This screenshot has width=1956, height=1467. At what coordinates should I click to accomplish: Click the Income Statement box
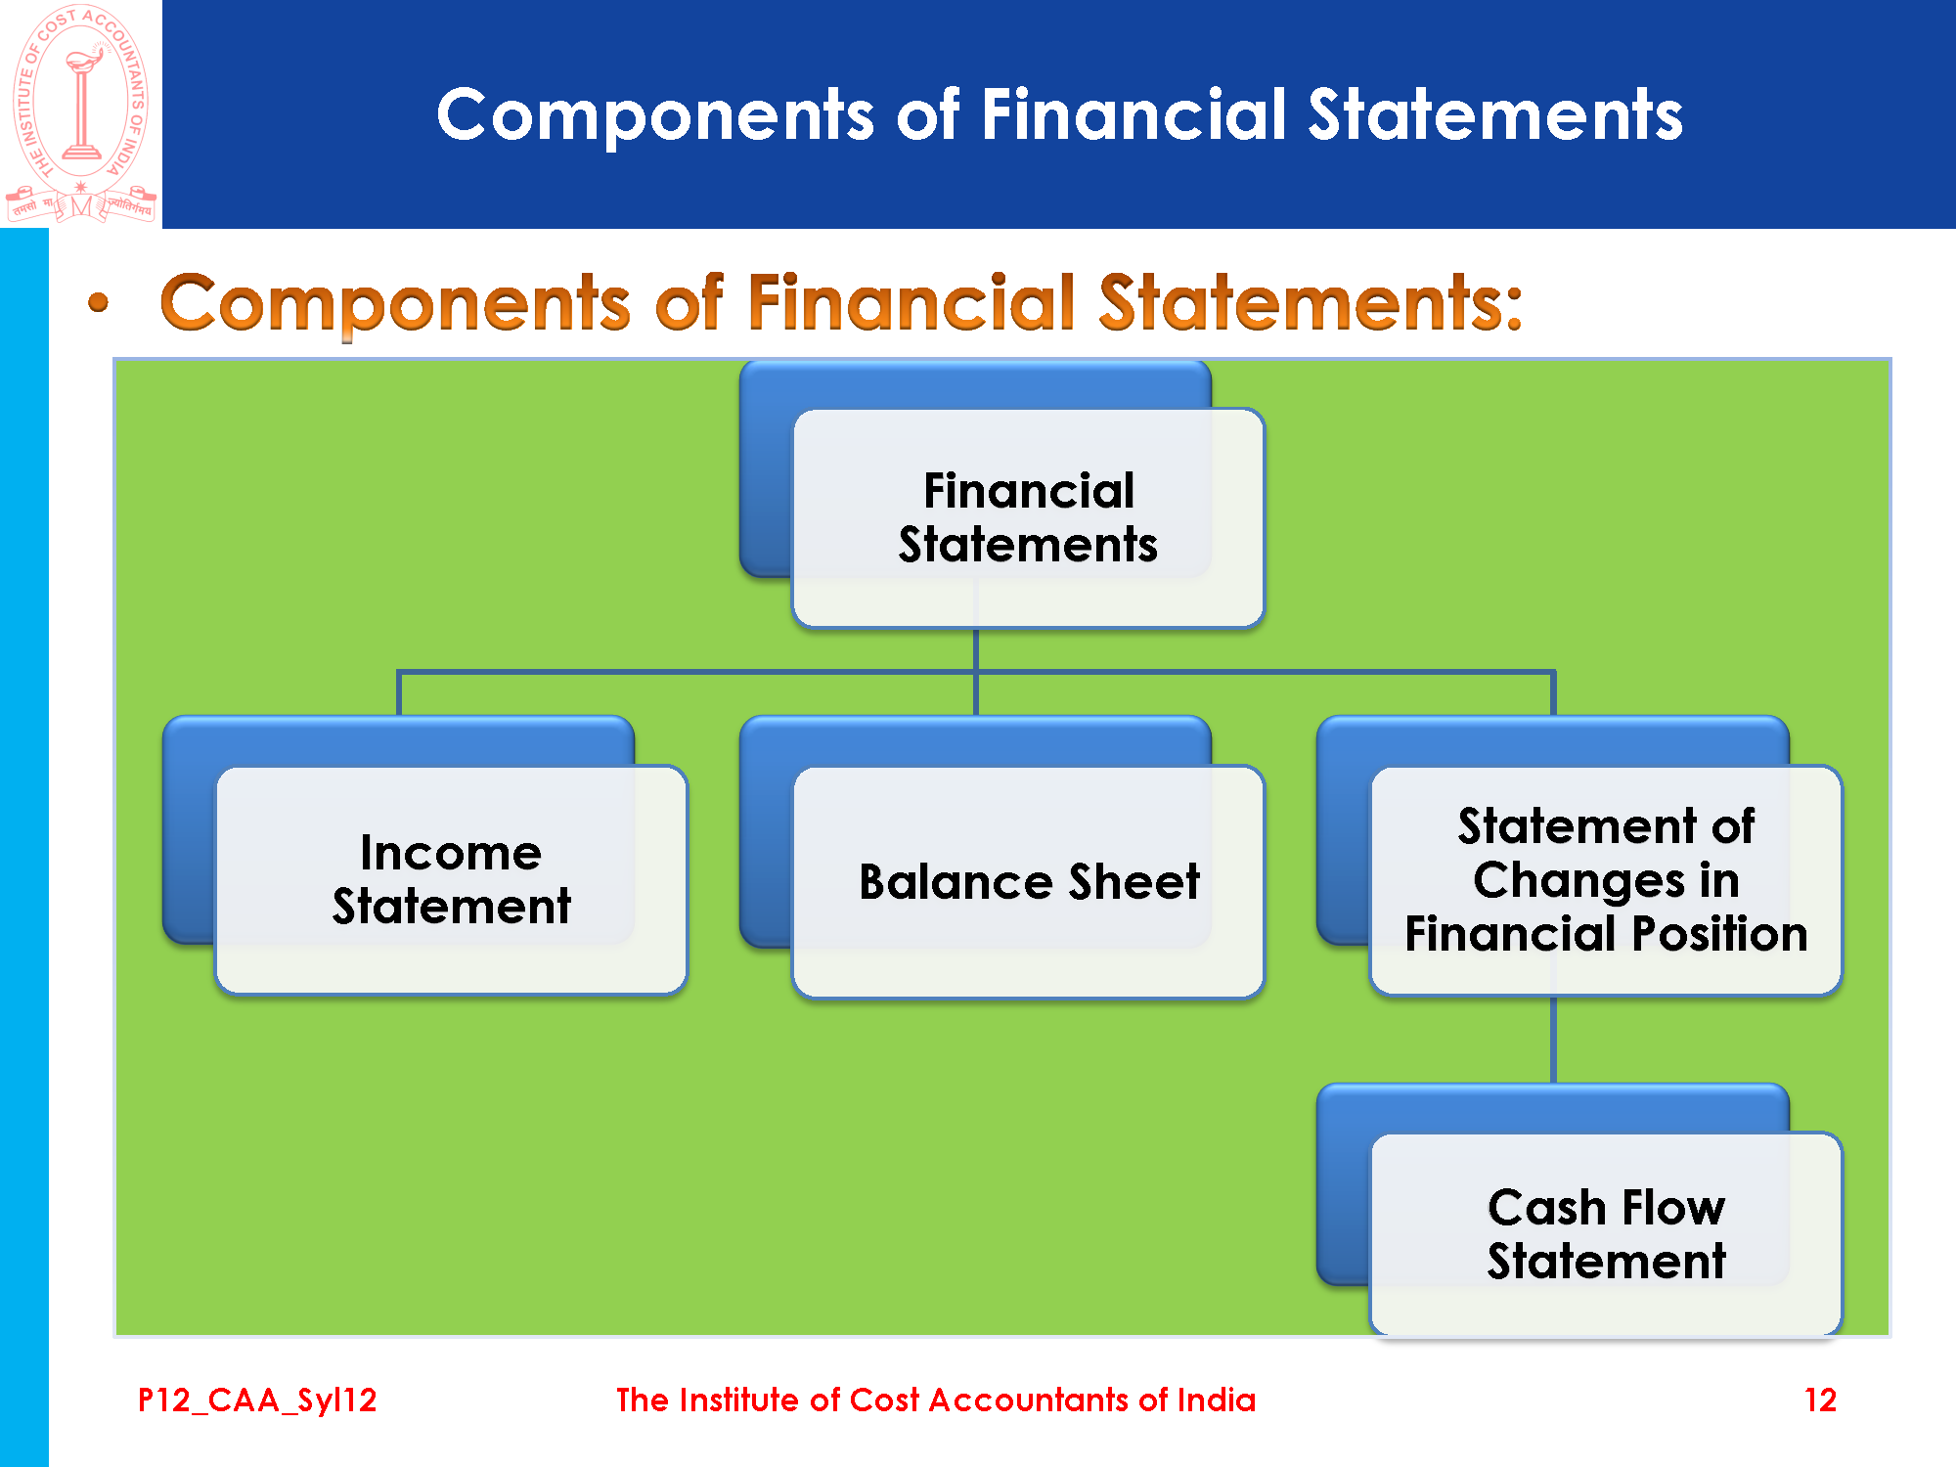pyautogui.click(x=451, y=880)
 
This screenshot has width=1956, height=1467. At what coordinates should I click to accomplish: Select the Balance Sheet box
pyautogui.click(x=1028, y=881)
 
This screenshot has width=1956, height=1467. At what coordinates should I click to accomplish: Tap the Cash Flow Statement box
pyautogui.click(x=1606, y=1234)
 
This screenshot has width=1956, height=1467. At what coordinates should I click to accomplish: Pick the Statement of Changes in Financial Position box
pyautogui.click(x=1606, y=880)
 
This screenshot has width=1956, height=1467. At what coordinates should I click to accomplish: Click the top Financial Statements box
pyautogui.click(x=1028, y=517)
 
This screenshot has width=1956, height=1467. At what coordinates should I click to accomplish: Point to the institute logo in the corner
pyautogui.click(x=81, y=113)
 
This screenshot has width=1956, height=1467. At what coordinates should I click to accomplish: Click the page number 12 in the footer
pyautogui.click(x=1820, y=1400)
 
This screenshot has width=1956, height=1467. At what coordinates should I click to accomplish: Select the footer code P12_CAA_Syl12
pyautogui.click(x=257, y=1400)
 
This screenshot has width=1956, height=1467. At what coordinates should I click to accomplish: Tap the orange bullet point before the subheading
pyautogui.click(x=98, y=302)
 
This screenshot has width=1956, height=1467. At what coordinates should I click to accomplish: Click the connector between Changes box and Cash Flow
pyautogui.click(x=1553, y=1040)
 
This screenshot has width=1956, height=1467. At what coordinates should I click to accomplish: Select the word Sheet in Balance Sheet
pyautogui.click(x=1134, y=881)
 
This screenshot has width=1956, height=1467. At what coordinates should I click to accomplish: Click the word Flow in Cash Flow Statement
pyautogui.click(x=1673, y=1207)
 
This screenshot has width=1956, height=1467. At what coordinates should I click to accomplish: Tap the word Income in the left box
pyautogui.click(x=451, y=853)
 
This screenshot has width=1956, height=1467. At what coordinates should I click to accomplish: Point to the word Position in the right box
pyautogui.click(x=1719, y=934)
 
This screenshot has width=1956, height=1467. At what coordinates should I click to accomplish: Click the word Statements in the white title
pyautogui.click(x=1495, y=114)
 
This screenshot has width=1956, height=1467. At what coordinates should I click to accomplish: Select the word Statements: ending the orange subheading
pyautogui.click(x=1311, y=302)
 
